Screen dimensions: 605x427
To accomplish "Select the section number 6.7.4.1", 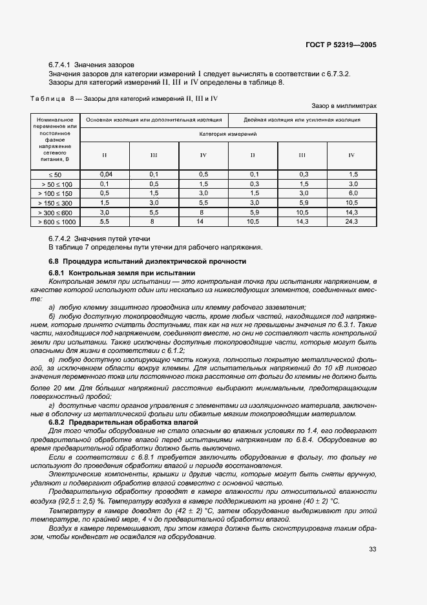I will (59, 65).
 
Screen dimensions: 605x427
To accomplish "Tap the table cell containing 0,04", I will (105, 175).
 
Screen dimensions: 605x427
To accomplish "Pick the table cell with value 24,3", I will (352, 222).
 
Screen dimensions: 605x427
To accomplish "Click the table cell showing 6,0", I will (352, 193).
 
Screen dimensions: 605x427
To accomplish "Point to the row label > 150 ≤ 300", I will (56, 203).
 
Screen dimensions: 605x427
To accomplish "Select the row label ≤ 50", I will (56, 175).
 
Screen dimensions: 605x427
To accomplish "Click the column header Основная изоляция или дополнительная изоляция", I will (154, 120).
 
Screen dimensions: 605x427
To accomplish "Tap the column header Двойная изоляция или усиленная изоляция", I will (302, 120).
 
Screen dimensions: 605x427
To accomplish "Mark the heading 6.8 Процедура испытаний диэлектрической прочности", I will (148, 261).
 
